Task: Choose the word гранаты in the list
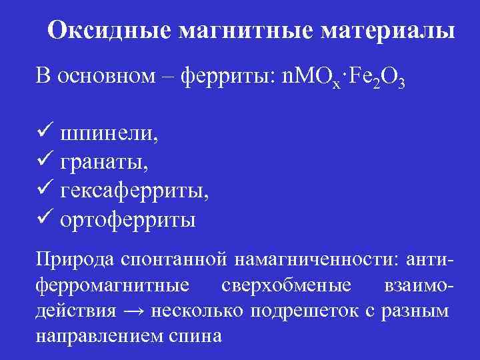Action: coord(105,162)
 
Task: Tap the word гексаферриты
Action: coord(134,191)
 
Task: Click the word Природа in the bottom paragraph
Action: coord(73,259)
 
